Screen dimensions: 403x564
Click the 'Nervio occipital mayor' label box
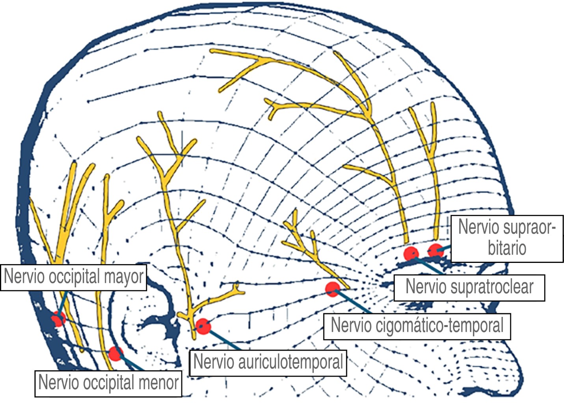(x=73, y=277)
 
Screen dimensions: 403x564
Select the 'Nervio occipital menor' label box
(x=108, y=383)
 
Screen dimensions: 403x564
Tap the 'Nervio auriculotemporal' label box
(x=268, y=362)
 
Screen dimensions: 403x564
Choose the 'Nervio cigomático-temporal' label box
(x=417, y=326)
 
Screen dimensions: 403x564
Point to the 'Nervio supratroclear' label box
(x=469, y=288)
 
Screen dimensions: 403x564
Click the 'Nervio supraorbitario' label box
(x=507, y=238)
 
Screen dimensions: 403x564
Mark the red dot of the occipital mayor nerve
(x=58, y=318)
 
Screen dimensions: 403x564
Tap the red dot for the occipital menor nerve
(x=115, y=353)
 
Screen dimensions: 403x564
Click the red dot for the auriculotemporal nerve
(x=203, y=326)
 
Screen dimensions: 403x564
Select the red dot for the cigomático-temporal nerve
(x=333, y=289)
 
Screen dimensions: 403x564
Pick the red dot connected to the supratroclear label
(x=411, y=253)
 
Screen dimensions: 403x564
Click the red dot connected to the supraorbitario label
(x=436, y=250)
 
